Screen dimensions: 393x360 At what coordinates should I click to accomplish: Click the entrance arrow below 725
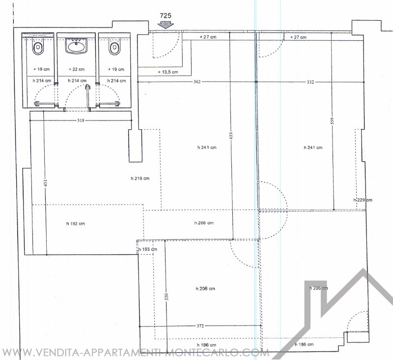pyautogui.click(x=166, y=25)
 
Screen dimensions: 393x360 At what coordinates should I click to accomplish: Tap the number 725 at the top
pyautogui.click(x=166, y=16)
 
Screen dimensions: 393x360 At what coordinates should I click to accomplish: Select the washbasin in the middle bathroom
pyautogui.click(x=76, y=46)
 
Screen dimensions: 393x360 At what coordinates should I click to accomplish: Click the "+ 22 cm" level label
pyautogui.click(x=77, y=69)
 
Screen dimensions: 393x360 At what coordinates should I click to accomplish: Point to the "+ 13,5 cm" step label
pyautogui.click(x=168, y=72)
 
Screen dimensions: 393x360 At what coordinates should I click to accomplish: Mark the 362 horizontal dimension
pyautogui.click(x=197, y=82)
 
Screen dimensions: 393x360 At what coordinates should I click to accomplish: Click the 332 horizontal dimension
pyautogui.click(x=310, y=82)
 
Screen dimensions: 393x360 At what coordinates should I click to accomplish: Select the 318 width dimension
pyautogui.click(x=81, y=120)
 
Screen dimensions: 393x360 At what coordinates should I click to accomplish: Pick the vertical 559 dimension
pyautogui.click(x=333, y=121)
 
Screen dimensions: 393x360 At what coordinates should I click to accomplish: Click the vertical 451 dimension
pyautogui.click(x=46, y=183)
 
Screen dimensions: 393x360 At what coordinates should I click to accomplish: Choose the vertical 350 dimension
pyautogui.click(x=167, y=297)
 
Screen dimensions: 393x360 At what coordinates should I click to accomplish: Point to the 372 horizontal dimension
pyautogui.click(x=200, y=326)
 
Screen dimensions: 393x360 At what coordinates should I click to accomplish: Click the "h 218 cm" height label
pyautogui.click(x=140, y=179)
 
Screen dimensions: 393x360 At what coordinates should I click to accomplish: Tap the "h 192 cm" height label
pyautogui.click(x=76, y=224)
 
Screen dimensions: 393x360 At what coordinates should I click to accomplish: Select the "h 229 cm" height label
pyautogui.click(x=363, y=200)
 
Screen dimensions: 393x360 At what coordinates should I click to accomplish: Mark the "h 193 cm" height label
pyautogui.click(x=147, y=249)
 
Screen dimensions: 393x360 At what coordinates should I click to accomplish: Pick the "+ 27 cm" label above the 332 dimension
pyautogui.click(x=298, y=37)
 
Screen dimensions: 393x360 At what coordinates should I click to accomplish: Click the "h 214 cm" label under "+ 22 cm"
pyautogui.click(x=77, y=81)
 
